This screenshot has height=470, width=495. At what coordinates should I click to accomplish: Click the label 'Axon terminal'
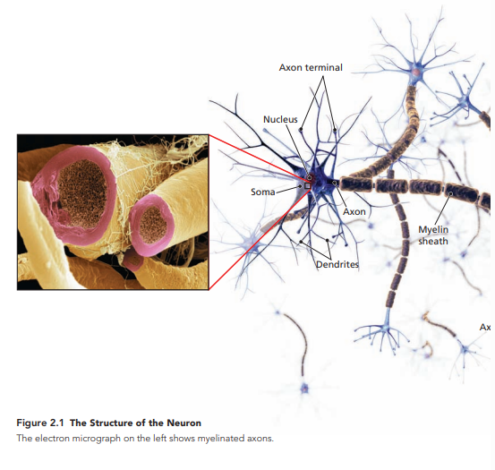point(311,67)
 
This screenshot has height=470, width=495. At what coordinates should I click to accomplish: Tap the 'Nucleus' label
point(280,119)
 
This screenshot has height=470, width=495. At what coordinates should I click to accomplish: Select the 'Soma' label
point(262,192)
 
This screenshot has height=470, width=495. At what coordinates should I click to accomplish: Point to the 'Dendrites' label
point(337,264)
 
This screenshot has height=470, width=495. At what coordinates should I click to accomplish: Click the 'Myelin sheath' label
point(433,235)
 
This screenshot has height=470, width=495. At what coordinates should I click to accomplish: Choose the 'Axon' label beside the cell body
point(354,211)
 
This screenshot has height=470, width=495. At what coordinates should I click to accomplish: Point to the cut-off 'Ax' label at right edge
point(485,328)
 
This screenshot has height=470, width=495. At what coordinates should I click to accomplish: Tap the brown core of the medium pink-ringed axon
point(153,225)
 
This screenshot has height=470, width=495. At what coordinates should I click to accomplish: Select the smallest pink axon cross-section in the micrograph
point(133,261)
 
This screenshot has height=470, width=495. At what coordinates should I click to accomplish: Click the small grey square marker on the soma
point(307,186)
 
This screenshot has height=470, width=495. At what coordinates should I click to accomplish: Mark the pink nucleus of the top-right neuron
point(416,73)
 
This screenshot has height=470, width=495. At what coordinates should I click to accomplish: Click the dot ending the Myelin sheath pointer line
point(450,193)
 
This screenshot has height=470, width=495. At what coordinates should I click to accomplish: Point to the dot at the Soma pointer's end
point(300,186)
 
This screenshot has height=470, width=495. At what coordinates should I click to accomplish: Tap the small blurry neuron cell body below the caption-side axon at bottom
point(304,389)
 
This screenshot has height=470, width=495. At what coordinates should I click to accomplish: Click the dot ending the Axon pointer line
point(334,183)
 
